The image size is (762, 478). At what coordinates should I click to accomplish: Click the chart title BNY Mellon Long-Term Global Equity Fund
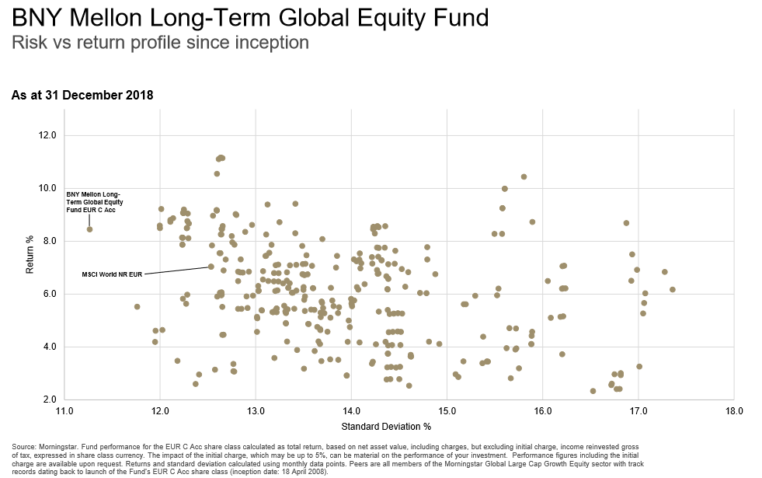click(x=250, y=17)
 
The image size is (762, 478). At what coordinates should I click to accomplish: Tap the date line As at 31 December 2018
click(x=82, y=96)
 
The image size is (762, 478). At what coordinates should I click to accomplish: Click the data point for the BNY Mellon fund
click(x=90, y=229)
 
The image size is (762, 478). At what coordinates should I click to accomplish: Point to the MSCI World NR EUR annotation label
click(x=112, y=274)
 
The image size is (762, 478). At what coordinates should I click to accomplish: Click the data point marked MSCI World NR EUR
click(x=211, y=267)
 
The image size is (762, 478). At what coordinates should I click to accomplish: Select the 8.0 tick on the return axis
click(x=48, y=241)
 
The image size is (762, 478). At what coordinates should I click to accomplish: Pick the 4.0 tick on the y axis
click(x=48, y=347)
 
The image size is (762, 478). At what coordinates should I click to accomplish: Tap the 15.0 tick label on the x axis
click(x=447, y=410)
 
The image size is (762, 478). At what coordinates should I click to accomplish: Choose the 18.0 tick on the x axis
click(x=733, y=410)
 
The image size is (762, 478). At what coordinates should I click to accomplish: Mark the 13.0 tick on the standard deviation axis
click(x=256, y=410)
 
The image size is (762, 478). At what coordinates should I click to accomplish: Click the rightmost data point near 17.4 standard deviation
click(x=673, y=289)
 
